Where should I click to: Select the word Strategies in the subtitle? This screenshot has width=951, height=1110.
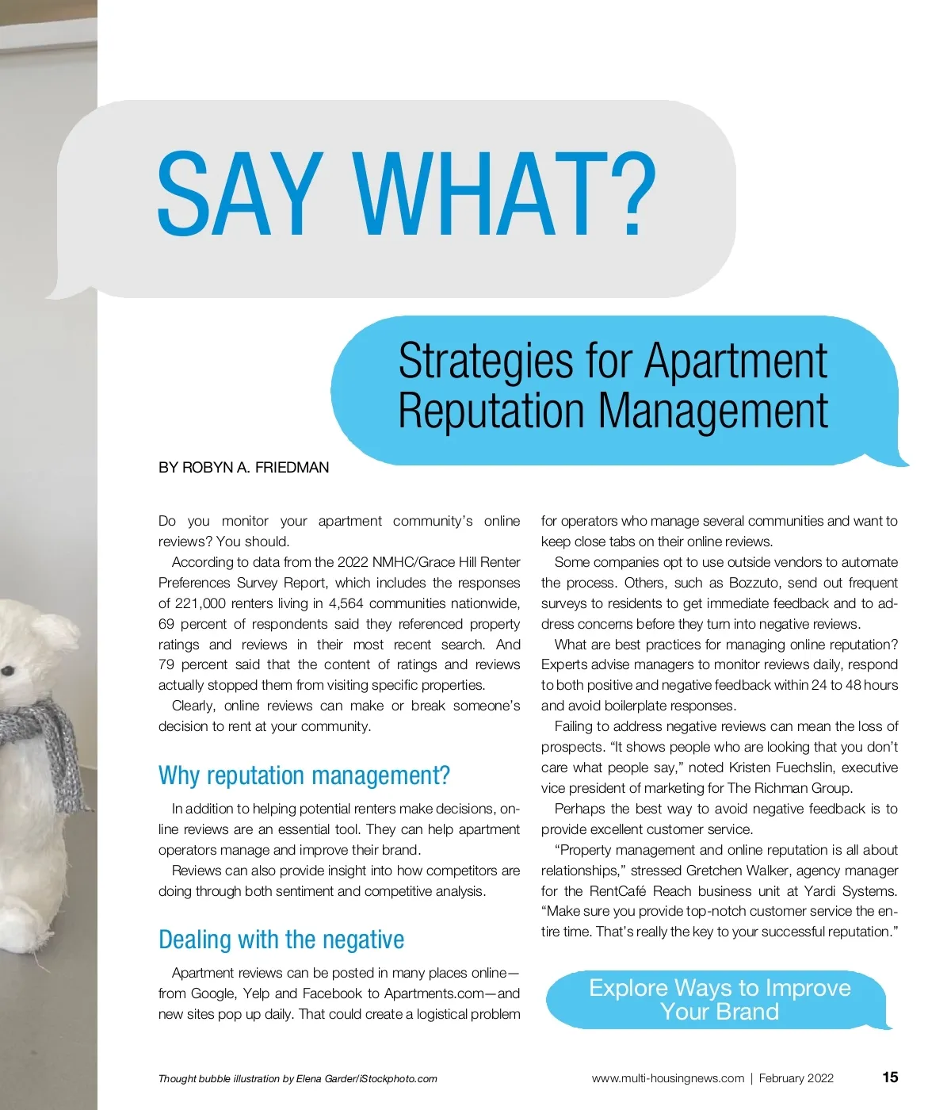[485, 361]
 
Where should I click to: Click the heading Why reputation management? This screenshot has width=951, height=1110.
[304, 775]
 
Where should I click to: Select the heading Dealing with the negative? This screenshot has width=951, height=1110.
[281, 940]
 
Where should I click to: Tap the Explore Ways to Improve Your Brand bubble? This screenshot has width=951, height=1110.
[719, 1000]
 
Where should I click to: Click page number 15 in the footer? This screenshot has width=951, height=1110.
[890, 1077]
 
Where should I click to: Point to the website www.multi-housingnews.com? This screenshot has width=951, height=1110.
[668, 1078]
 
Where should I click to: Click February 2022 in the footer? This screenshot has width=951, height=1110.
[796, 1078]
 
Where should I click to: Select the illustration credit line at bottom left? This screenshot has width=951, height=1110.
[297, 1079]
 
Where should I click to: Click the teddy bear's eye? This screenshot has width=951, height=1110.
[8, 671]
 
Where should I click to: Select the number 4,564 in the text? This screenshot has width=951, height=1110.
[346, 603]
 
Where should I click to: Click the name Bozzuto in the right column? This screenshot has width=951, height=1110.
[754, 583]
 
